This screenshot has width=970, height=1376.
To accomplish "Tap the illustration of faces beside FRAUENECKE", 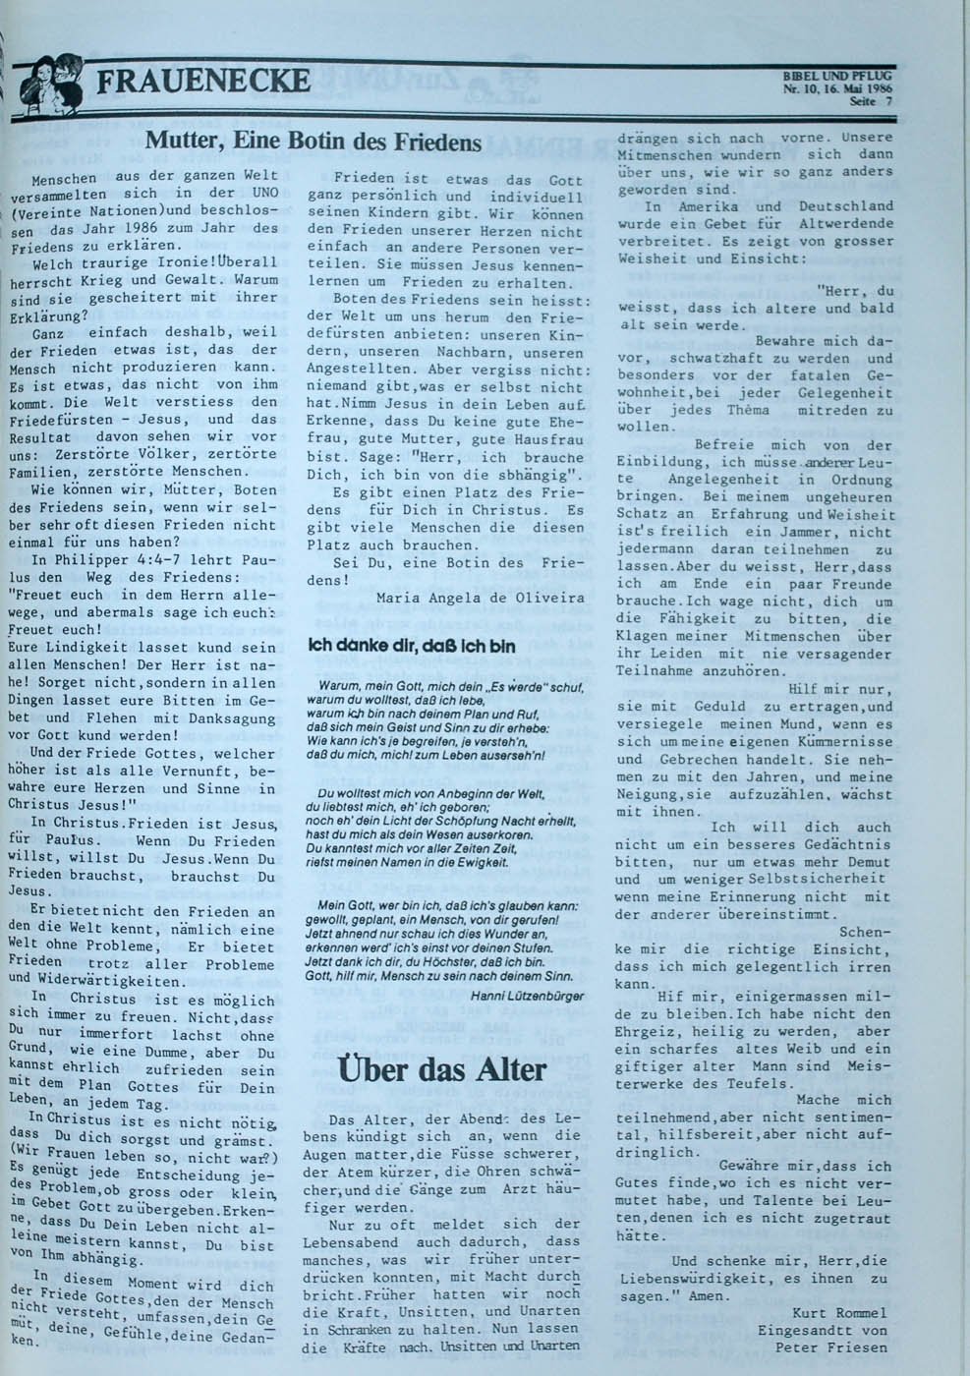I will [51, 82].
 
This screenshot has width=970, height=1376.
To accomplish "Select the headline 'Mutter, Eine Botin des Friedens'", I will [314, 142].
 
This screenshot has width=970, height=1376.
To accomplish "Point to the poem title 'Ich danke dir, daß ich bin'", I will [411, 647].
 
